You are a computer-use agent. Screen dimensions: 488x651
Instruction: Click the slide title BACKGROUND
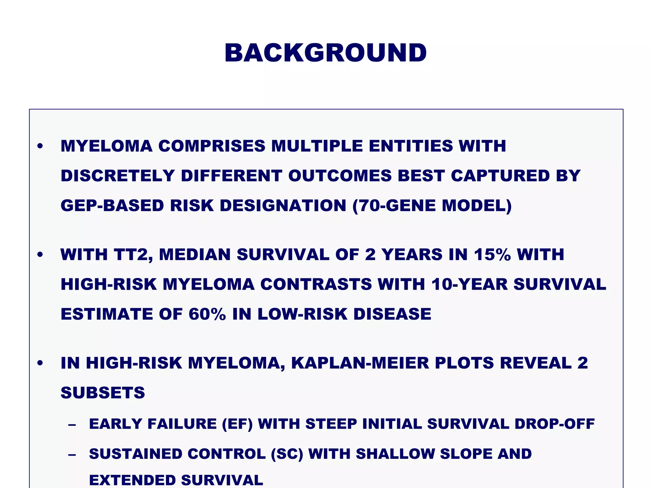pos(325,53)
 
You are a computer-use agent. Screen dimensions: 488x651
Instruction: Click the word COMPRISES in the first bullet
pos(212,146)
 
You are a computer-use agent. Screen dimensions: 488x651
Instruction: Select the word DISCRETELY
pos(118,176)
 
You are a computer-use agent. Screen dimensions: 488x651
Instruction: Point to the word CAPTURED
pos(500,176)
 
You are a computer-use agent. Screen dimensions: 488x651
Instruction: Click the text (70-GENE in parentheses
pos(394,206)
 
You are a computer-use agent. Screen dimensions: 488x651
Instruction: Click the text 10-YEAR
pos(469,284)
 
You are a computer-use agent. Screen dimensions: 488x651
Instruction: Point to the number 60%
pos(207,314)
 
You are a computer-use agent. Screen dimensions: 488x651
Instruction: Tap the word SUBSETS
pos(103,393)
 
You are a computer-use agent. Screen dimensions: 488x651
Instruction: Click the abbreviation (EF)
pos(237,424)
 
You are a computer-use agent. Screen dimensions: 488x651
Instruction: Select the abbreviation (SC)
pos(287,454)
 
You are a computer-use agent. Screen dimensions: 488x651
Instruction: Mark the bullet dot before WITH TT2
pos(40,255)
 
